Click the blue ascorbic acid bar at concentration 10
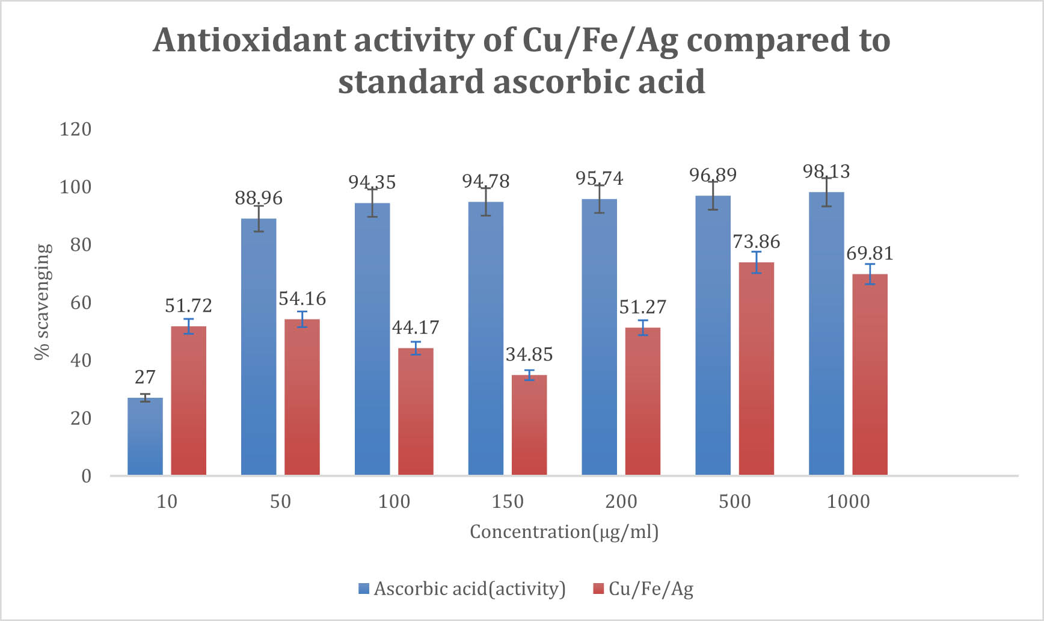145,436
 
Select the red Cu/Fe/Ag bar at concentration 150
529,425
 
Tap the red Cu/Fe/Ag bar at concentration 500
757,368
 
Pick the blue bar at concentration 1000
826,333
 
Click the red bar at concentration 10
188,400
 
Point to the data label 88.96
259,198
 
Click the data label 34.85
529,354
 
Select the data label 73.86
757,242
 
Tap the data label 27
145,377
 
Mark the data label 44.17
416,327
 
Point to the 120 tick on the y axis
75,129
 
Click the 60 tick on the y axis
81,303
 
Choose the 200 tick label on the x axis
621,501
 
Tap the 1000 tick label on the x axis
848,501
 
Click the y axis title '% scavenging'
43,302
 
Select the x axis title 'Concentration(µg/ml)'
564,532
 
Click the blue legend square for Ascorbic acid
363,589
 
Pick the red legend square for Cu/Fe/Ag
598,589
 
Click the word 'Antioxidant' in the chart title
250,41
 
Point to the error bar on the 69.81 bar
870,274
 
